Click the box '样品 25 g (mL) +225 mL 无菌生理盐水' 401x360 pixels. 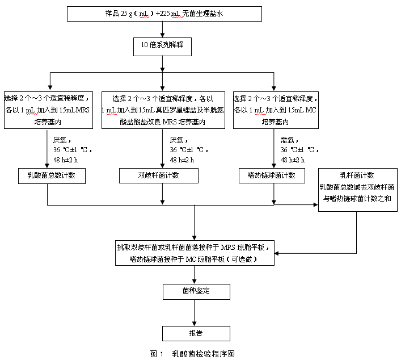pyautogui.click(x=164, y=14)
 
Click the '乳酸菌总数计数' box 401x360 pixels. pyautogui.click(x=52, y=176)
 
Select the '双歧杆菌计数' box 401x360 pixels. pyautogui.click(x=159, y=176)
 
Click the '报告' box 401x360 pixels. pyautogui.click(x=196, y=333)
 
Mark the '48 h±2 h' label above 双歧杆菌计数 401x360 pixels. pyautogui.click(x=181, y=160)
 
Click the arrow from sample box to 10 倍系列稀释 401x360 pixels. pyautogui.click(x=163, y=30)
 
